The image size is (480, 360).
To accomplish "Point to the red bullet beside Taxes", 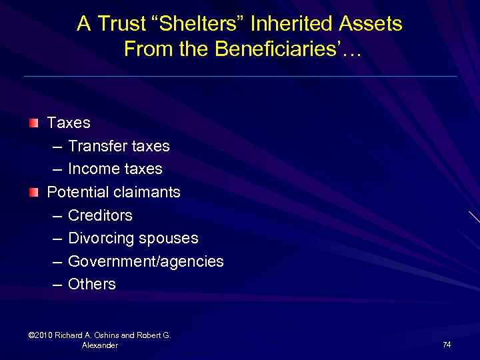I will tap(34, 123).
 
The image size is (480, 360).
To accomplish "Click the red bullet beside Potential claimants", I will tap(34, 192).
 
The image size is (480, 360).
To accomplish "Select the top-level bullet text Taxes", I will tap(69, 123).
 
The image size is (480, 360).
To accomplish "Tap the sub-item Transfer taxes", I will tap(119, 146).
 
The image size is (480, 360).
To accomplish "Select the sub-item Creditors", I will tap(100, 215).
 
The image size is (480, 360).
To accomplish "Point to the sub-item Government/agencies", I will tap(145, 261).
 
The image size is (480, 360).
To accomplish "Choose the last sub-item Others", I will tap(92, 284).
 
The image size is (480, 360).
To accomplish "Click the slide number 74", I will tap(447, 344).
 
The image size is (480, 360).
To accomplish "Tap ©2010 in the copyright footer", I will tap(41, 335).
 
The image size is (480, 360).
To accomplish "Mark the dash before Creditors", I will tap(57, 216).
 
